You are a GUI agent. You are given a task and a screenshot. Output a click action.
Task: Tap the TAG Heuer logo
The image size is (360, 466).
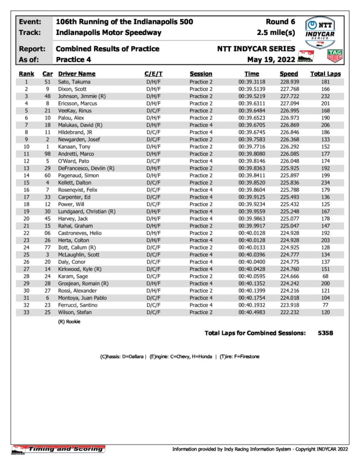(x=335, y=56)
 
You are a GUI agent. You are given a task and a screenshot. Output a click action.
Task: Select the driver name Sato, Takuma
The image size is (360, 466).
(x=71, y=82)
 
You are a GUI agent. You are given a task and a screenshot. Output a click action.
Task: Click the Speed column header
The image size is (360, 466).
(x=289, y=74)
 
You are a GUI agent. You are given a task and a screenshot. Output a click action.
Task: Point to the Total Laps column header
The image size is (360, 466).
(x=325, y=74)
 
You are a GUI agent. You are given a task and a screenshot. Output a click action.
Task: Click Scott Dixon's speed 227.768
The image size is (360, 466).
(x=289, y=89)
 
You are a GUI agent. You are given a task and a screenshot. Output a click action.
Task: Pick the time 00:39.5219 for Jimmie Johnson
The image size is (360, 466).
(x=251, y=96)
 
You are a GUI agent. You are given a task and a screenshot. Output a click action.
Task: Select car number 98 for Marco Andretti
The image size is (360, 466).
(x=47, y=154)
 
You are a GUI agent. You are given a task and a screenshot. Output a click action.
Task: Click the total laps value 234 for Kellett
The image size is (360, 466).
(x=325, y=183)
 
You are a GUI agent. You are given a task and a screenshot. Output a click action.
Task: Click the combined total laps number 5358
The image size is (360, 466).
(x=325, y=333)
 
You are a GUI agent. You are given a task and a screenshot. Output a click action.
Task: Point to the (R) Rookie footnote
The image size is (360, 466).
(x=69, y=322)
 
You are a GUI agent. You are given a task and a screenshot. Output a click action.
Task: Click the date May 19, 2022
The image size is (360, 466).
(x=271, y=59)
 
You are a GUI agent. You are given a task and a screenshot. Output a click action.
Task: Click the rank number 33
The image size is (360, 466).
(x=26, y=312)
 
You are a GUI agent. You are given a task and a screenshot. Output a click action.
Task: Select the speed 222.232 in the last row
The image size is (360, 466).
(x=289, y=312)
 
